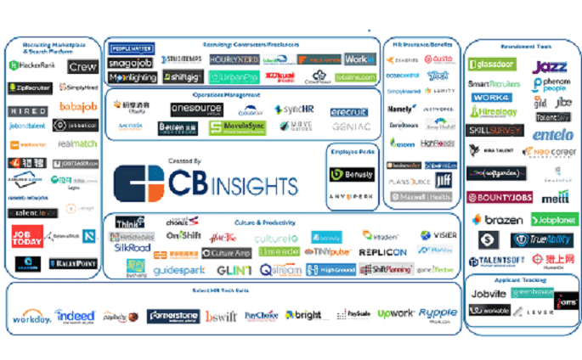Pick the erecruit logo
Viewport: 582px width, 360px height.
tap(349, 111)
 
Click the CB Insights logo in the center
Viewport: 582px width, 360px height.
tap(207, 182)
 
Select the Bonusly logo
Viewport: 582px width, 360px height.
tap(351, 174)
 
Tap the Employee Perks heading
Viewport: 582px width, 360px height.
tap(351, 150)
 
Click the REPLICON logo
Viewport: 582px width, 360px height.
tap(383, 252)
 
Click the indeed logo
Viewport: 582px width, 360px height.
tap(76, 316)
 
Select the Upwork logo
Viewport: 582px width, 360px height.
tap(394, 314)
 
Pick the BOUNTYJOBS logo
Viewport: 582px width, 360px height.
tap(500, 198)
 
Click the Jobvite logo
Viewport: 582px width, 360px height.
tap(489, 294)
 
